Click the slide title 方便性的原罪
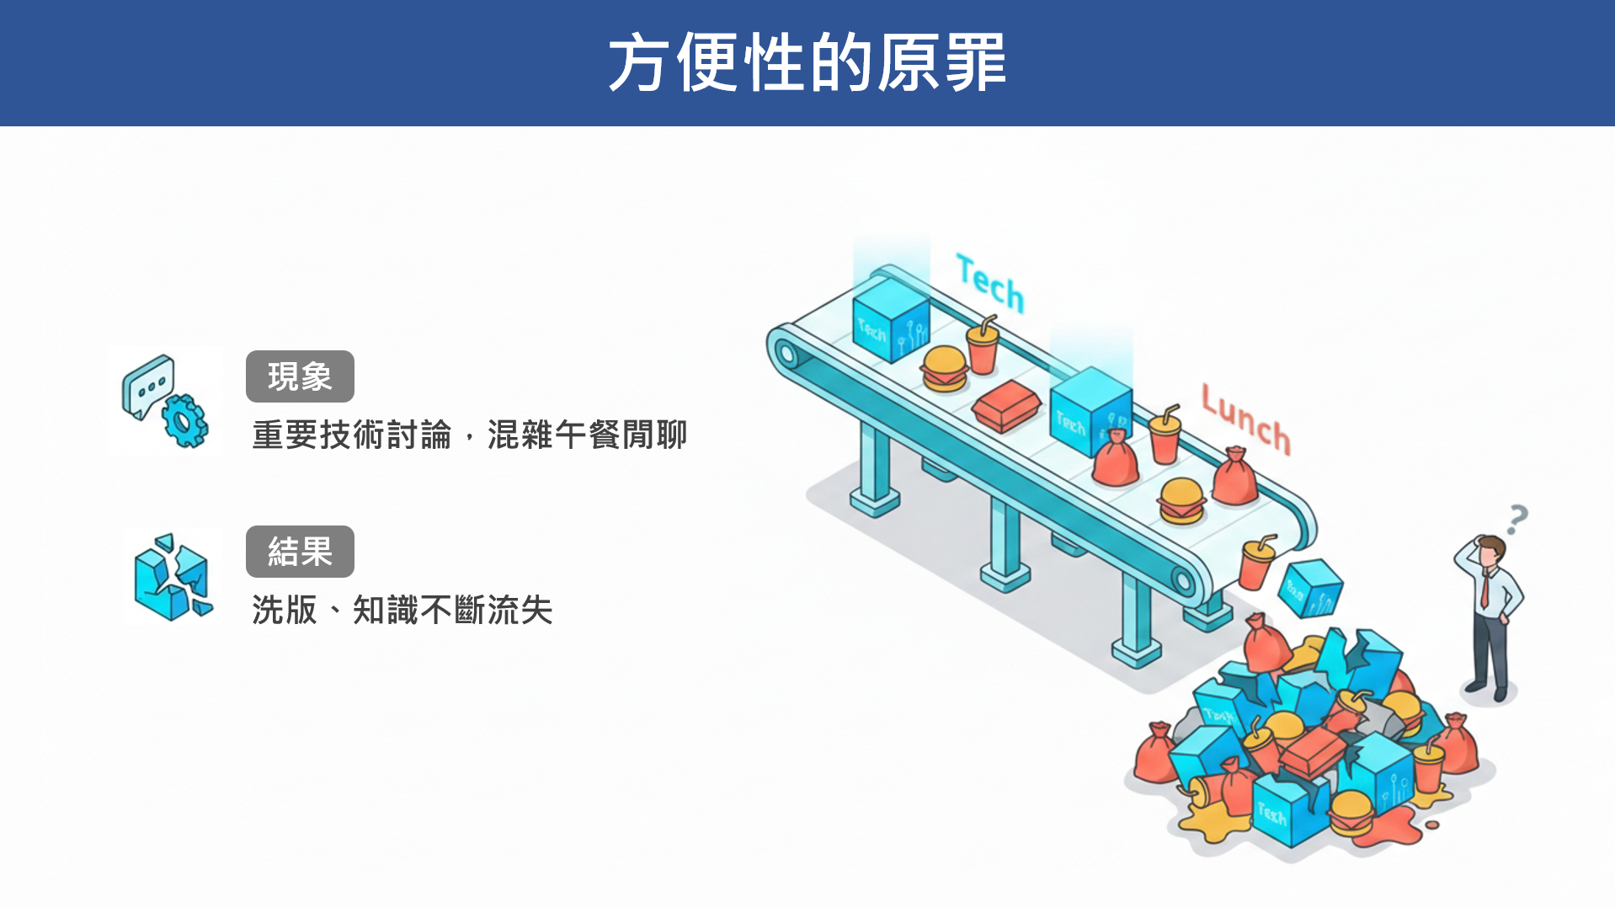pyautogui.click(x=807, y=62)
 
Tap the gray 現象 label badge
pyautogui.click(x=300, y=376)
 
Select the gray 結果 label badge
pyautogui.click(x=300, y=552)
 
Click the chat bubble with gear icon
pyautogui.click(x=165, y=401)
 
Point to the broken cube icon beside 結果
pyautogui.click(x=172, y=578)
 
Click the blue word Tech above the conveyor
pyautogui.click(x=990, y=284)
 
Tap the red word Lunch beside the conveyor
pyautogui.click(x=1245, y=419)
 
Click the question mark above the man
pyautogui.click(x=1516, y=519)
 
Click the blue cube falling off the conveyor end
pyautogui.click(x=1310, y=587)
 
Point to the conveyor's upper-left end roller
pyautogui.click(x=787, y=353)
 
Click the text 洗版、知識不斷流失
pyautogui.click(x=402, y=610)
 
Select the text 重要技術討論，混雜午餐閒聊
pyautogui.click(x=469, y=435)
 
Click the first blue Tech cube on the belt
pyautogui.click(x=890, y=320)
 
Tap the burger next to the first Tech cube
pyautogui.click(x=944, y=369)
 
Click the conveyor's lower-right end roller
pyautogui.click(x=1182, y=580)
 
